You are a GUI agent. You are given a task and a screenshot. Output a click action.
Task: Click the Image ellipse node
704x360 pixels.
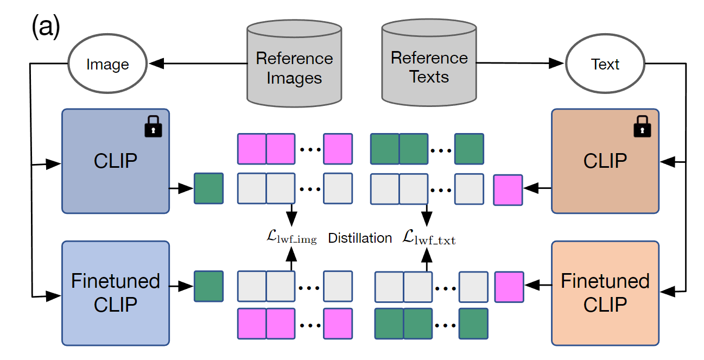[x=107, y=65]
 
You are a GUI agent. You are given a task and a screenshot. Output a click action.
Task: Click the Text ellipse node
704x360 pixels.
[x=605, y=64]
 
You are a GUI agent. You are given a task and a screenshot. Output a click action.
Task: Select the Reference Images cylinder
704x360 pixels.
[x=294, y=64]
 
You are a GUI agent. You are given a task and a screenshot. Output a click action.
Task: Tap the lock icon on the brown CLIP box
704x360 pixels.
[x=642, y=129]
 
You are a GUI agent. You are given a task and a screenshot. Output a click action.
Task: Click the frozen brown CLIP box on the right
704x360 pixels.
[x=605, y=161]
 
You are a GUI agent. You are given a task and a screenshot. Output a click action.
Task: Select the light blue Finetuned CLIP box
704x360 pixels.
[x=116, y=293]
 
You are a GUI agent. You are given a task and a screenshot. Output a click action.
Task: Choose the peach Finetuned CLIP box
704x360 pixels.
[x=605, y=293]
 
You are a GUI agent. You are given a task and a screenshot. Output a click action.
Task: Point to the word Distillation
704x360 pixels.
[x=360, y=238]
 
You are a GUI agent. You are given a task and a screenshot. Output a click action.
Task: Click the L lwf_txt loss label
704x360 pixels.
[x=428, y=237]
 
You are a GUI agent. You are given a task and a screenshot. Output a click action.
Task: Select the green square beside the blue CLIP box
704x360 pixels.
[x=209, y=188]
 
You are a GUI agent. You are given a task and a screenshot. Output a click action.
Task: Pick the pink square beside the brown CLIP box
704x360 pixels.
[x=508, y=190]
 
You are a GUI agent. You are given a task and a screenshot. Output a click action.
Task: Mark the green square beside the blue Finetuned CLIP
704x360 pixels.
[x=209, y=286]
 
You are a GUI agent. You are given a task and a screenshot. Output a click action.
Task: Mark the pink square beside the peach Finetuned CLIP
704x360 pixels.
[x=509, y=287]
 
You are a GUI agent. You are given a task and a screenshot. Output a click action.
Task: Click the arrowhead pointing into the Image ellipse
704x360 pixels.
[x=156, y=64]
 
